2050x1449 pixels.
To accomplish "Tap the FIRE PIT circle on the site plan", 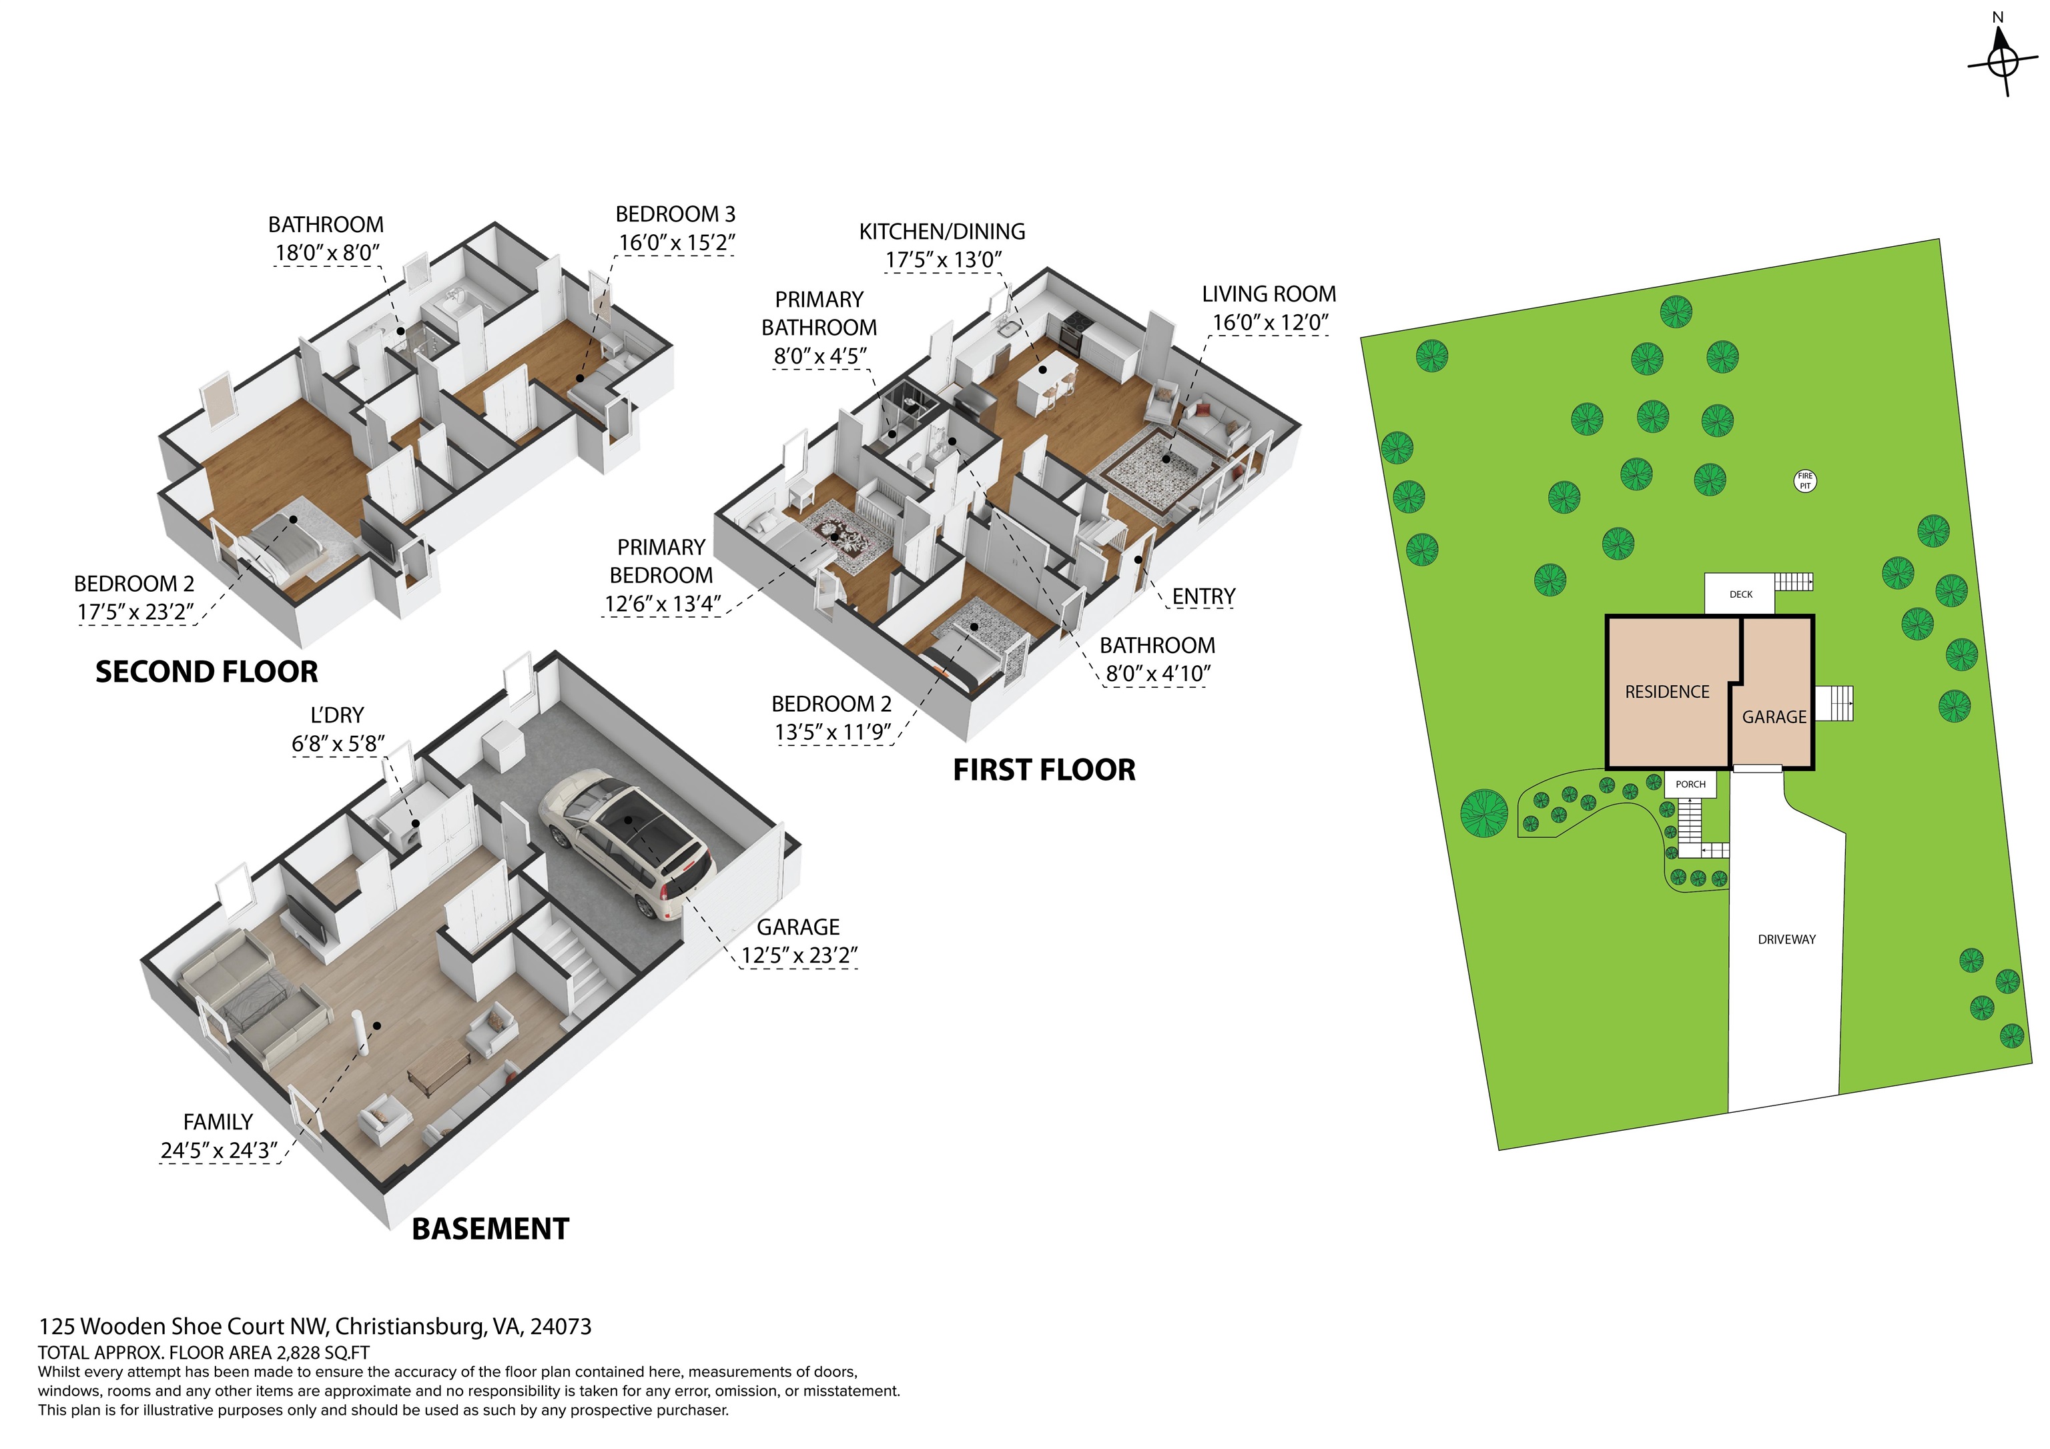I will (x=1805, y=481).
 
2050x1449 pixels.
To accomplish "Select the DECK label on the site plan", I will (x=1740, y=594).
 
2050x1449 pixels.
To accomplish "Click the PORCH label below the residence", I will (x=1690, y=785).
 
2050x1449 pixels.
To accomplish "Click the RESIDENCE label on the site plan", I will (x=1666, y=692).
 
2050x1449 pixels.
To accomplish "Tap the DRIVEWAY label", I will (x=1786, y=939).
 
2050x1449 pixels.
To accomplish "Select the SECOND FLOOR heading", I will (x=206, y=671).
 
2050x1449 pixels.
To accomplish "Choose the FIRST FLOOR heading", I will (x=1044, y=770).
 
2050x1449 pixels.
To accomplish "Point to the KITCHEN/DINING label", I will (x=942, y=232).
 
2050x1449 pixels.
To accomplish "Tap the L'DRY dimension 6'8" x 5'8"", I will (x=338, y=744).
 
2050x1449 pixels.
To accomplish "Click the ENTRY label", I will (x=1203, y=596).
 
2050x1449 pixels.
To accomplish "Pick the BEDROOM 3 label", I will (x=675, y=214).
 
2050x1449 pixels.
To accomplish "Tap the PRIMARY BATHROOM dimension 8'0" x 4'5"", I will (x=819, y=356).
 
